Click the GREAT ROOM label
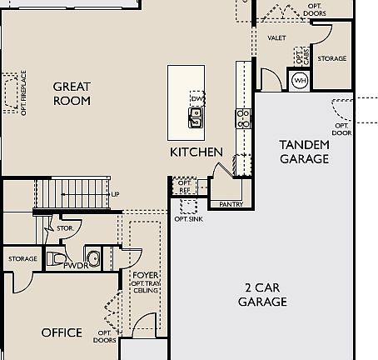tap(72, 93)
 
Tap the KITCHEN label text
tap(196, 152)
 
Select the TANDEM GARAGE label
tap(304, 152)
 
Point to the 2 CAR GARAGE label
tap(262, 295)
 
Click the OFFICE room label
tap(62, 332)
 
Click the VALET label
tap(277, 38)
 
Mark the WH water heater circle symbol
tap(300, 80)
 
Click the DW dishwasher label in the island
tap(196, 99)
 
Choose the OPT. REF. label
tap(185, 187)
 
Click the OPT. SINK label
tap(187, 218)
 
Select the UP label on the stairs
tap(115, 194)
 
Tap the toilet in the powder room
tap(55, 258)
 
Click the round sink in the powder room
tap(92, 259)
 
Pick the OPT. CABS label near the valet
tap(300, 57)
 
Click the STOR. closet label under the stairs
tap(64, 227)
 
